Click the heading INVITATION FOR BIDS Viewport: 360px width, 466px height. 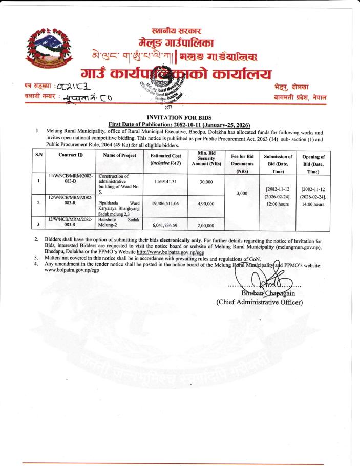179,117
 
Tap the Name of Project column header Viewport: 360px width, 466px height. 119,155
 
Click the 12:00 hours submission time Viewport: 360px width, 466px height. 278,204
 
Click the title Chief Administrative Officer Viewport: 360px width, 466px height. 260,302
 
